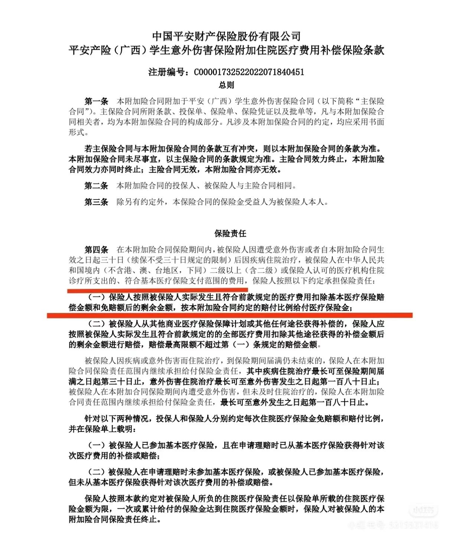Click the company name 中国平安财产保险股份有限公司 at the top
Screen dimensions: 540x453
pyautogui.click(x=226, y=36)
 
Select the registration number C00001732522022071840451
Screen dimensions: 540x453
pyautogui.click(x=249, y=72)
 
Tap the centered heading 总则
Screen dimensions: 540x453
pyautogui.click(x=226, y=85)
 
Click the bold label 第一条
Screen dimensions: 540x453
pyautogui.click(x=96, y=101)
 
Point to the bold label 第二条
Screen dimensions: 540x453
pyautogui.click(x=96, y=186)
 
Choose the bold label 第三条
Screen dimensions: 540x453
pyautogui.click(x=96, y=202)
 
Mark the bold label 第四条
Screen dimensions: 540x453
pyautogui.click(x=96, y=250)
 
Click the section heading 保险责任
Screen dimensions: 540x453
pyautogui.click(x=230, y=234)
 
